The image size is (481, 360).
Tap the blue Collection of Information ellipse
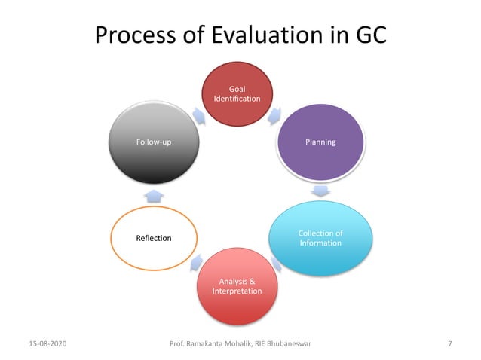(x=320, y=237)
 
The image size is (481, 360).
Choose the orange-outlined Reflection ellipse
(x=153, y=238)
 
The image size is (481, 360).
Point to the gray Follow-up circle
(x=153, y=142)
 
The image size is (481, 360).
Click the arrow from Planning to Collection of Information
(x=320, y=191)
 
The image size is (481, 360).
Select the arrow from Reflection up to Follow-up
(x=153, y=196)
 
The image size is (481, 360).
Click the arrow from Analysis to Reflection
(x=196, y=261)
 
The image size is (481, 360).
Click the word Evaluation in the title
(x=271, y=35)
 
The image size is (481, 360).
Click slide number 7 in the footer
(x=449, y=344)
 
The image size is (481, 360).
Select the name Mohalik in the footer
(x=241, y=344)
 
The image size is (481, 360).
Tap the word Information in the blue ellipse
(x=320, y=243)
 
